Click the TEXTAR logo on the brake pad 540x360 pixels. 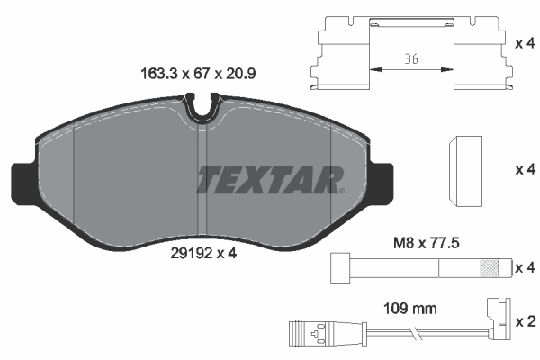[269, 179]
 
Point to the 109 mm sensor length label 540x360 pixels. [411, 309]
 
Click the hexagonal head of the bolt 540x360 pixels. [339, 268]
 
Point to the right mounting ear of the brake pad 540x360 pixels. [381, 183]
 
